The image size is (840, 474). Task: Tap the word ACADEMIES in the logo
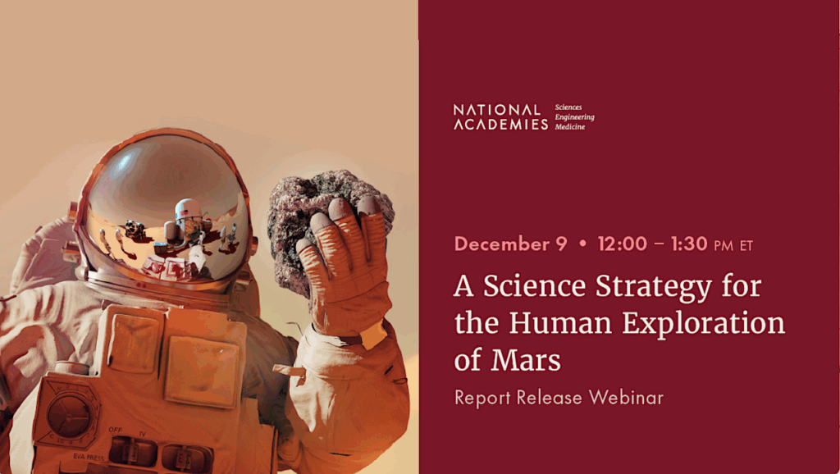[x=500, y=125]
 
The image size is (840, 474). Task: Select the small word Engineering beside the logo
[x=574, y=117]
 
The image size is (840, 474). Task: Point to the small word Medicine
[x=570, y=127]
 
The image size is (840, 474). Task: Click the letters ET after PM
[x=745, y=245]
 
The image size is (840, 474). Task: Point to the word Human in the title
[x=564, y=323]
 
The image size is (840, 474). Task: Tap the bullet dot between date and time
[x=582, y=245]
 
